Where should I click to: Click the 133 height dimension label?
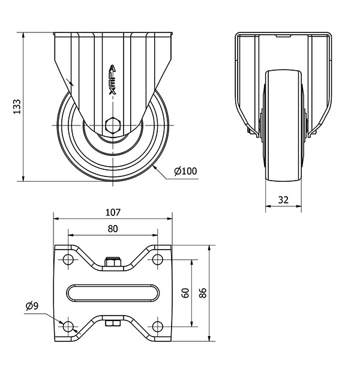(x=17, y=107)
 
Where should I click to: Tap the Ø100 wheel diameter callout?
(x=185, y=171)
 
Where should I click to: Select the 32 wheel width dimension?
(x=283, y=200)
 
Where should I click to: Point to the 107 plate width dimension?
(x=113, y=212)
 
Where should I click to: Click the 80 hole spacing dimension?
(x=113, y=229)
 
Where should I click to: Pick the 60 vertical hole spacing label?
(x=185, y=293)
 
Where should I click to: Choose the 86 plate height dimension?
(x=203, y=293)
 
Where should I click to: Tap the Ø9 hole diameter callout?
(x=32, y=306)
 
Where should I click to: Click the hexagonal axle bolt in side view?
(x=113, y=125)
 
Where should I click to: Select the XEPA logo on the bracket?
(x=113, y=80)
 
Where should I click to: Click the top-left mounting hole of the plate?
(x=68, y=259)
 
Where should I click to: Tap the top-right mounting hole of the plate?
(x=158, y=259)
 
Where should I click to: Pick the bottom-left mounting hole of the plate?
(x=68, y=326)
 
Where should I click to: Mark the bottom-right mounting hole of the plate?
(x=158, y=326)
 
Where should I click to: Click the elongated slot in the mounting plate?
(x=113, y=293)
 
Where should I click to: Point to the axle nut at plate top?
(x=113, y=262)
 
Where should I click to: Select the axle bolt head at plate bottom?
(x=113, y=323)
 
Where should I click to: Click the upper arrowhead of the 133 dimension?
(x=23, y=35)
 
